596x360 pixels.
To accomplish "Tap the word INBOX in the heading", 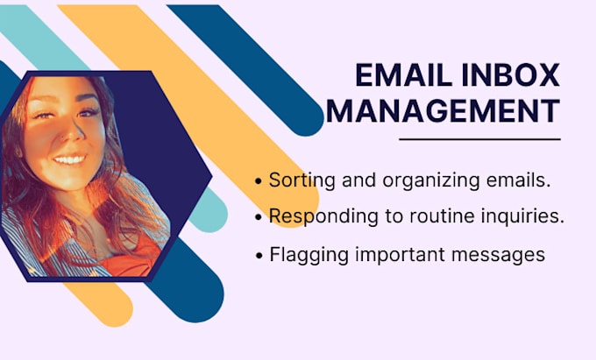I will click(513, 77).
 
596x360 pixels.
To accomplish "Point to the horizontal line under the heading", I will click(479, 138).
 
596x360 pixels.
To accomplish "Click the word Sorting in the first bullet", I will click(298, 180).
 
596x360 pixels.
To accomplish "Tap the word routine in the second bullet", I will click(419, 215).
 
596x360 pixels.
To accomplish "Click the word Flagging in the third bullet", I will click(303, 255).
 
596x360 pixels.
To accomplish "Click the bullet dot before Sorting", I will click(259, 181).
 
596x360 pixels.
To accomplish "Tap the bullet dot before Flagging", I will click(259, 256).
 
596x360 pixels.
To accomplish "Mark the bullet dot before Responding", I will click(259, 216).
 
